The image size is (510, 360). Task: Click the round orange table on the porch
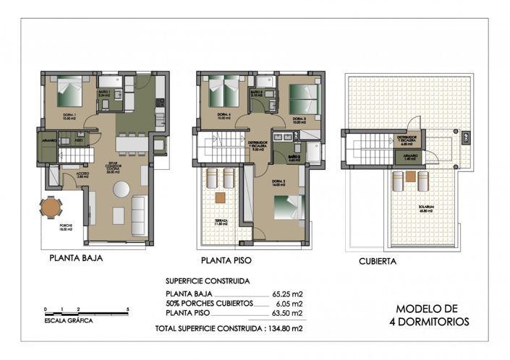coord(51,207)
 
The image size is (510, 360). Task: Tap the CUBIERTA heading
coord(377,263)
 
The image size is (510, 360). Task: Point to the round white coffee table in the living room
coord(121,189)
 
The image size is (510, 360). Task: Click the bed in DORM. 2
coord(287,204)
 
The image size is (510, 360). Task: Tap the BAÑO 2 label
coord(294,155)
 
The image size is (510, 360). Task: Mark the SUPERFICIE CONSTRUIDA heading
coord(208,280)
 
